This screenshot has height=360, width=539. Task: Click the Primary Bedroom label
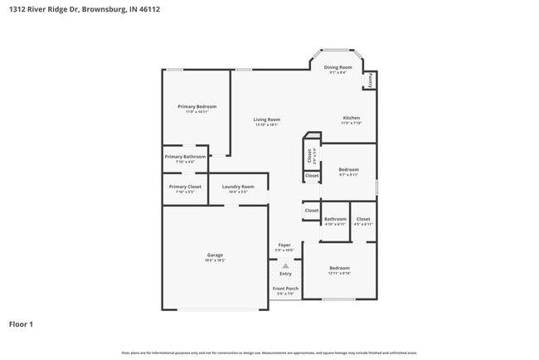[x=197, y=106]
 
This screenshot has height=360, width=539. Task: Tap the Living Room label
[x=266, y=119]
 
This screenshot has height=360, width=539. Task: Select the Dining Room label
[x=337, y=67]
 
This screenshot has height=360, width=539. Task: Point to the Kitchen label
[x=351, y=118]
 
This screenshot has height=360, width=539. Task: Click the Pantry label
[x=369, y=80]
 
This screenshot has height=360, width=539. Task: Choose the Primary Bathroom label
[x=185, y=156]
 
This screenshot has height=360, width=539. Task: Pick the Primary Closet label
[x=185, y=187]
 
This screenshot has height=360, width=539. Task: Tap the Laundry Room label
[x=238, y=187]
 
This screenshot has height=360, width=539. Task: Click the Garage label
[x=215, y=255]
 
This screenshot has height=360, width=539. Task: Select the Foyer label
[x=284, y=245]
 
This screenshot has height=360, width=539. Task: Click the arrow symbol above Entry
[x=285, y=265]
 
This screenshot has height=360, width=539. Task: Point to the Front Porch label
[x=285, y=288]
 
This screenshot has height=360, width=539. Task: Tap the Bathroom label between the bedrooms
[x=335, y=219]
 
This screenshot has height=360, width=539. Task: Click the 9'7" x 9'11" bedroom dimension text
[x=348, y=175]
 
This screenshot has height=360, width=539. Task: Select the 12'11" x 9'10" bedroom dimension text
[x=339, y=273]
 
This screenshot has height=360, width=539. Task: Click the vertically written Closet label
[x=308, y=154]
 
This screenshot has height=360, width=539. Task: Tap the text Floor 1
[x=21, y=324]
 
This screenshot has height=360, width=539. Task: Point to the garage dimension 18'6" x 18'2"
[x=215, y=260]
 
